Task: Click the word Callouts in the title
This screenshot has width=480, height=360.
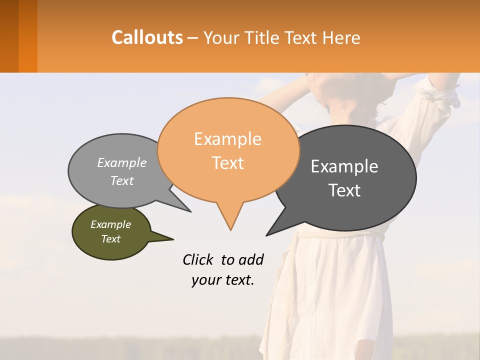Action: click(147, 37)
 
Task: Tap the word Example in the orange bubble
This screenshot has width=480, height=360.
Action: click(227, 139)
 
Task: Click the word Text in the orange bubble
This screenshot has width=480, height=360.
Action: click(227, 163)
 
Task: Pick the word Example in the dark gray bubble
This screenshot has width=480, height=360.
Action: click(344, 166)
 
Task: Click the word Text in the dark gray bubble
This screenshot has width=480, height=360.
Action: click(344, 190)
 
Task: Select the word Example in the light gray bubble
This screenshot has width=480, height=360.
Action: click(122, 162)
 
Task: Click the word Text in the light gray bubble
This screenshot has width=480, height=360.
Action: click(122, 180)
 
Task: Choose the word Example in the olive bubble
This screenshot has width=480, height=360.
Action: click(110, 224)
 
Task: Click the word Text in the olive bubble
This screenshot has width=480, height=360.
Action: click(110, 239)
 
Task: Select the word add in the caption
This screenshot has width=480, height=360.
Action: click(251, 259)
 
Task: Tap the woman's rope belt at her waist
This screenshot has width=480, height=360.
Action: click(340, 234)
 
